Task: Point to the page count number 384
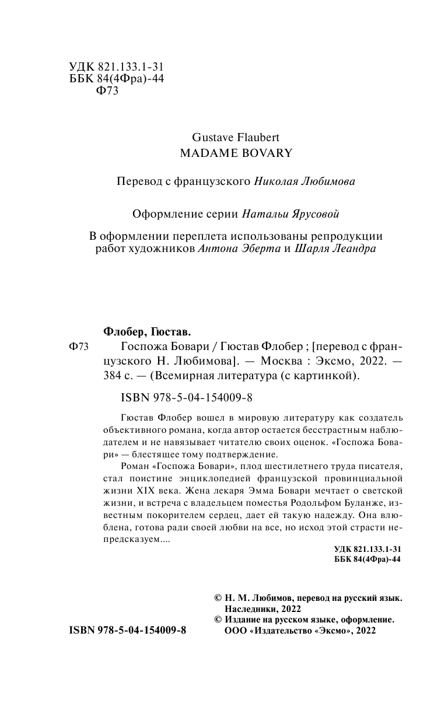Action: coord(112,376)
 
